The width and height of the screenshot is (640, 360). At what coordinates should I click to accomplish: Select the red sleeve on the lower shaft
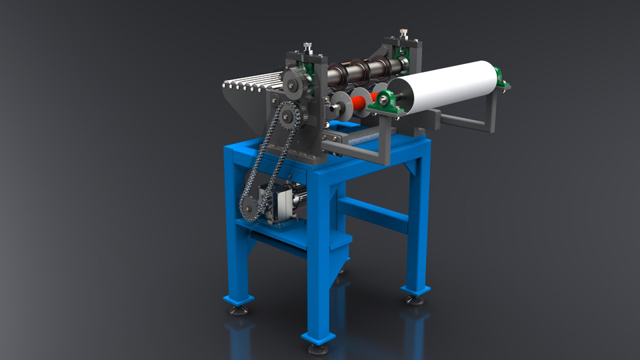coord(359,102)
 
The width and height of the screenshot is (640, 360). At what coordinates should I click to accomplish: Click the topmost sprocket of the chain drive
coord(294,83)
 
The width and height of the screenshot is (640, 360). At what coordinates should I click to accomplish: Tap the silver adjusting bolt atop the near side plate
coord(307,48)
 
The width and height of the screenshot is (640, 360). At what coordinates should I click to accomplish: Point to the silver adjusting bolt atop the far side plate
coord(403,33)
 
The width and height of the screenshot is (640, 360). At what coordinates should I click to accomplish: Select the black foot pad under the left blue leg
coord(238,309)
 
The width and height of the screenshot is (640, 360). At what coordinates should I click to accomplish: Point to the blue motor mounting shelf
coord(280,230)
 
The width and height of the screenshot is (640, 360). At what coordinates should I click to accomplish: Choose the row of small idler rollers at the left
coord(253,83)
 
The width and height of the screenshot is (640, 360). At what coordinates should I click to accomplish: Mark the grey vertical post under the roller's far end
coord(491,111)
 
